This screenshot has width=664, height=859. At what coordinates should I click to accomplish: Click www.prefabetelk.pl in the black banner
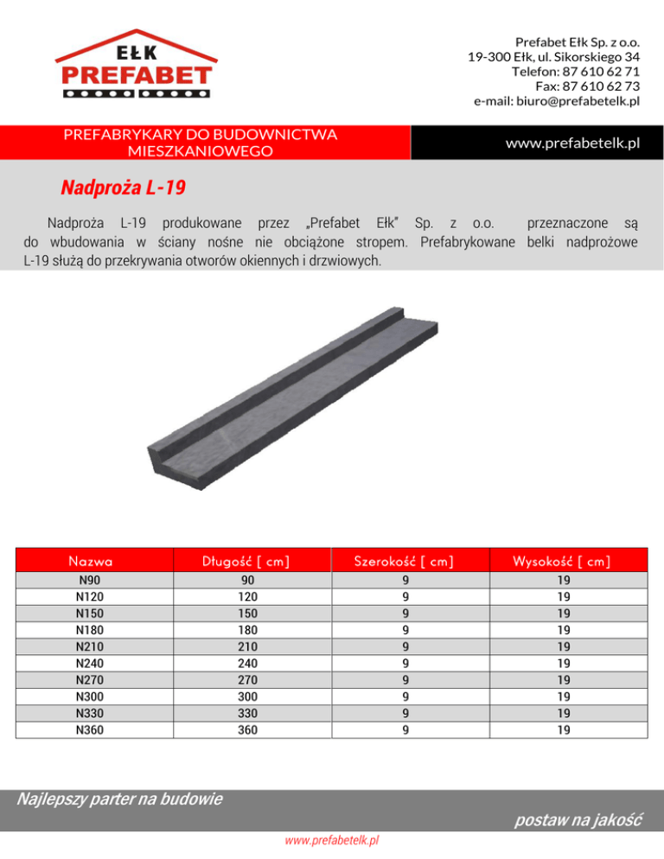pos(572,143)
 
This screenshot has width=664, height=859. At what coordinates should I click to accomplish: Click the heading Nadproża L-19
pos(124,188)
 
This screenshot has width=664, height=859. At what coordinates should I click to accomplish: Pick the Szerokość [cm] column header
pos(405,562)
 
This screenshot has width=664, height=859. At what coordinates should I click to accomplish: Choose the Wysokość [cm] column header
pos(563,562)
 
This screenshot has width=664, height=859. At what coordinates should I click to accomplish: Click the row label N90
pos(90,580)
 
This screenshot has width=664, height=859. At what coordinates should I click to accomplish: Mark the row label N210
pos(90,646)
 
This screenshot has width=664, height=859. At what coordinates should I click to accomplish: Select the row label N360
pos(90,730)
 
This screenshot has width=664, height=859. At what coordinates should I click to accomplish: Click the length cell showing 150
pos(248,614)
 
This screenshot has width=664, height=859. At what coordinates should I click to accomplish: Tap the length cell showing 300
pos(248,697)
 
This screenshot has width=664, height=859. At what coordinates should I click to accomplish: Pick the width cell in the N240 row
pos(405,663)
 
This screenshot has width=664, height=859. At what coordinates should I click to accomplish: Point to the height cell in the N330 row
pos(563,714)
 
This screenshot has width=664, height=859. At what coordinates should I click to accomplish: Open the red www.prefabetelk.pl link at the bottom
pos(332,839)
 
